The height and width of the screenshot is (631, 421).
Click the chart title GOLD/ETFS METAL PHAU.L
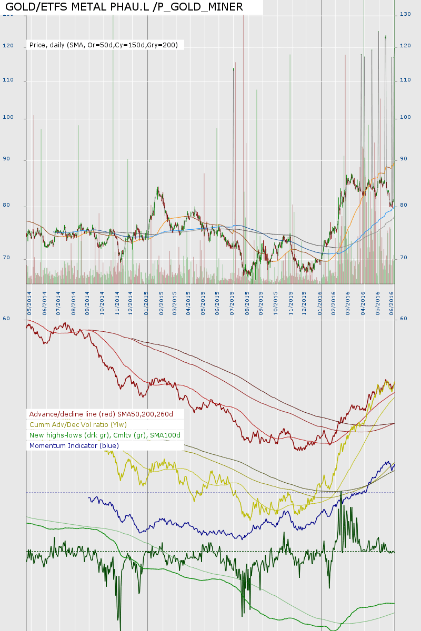pos(124,7)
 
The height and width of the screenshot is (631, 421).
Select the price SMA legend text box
pos(104,45)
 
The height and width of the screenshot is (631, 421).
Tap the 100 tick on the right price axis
pos(405,117)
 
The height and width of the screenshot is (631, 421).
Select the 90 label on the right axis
pos(404,159)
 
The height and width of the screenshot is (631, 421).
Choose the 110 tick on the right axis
pos(405,80)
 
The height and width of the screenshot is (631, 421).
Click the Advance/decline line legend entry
pos(101,414)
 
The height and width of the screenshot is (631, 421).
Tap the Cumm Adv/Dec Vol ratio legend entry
pos(78,425)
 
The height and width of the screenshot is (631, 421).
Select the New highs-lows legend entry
pos(105,435)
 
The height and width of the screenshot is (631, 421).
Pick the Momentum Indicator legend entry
pos(74,446)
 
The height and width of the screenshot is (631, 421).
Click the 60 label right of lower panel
pos(404,319)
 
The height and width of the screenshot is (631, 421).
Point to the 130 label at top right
pos(405,14)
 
